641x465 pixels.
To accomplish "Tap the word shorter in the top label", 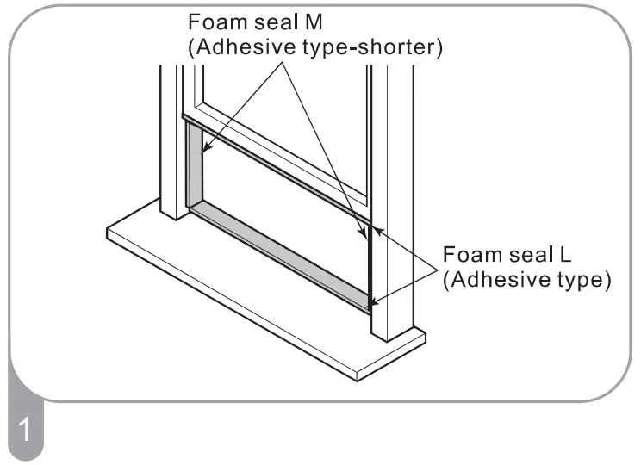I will click(404, 47).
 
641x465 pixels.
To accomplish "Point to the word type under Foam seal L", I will click(572, 281).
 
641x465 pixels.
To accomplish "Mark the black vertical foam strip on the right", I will click(370, 267).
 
